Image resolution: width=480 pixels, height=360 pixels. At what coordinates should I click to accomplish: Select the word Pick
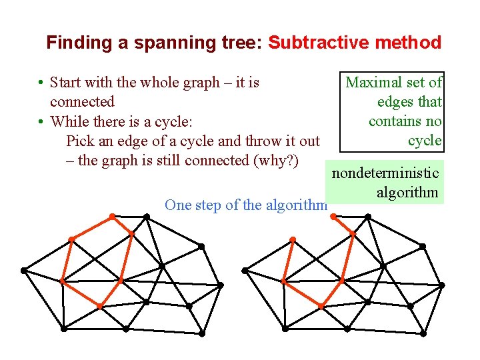click(x=81, y=141)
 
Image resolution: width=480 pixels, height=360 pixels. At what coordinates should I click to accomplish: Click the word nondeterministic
click(x=385, y=173)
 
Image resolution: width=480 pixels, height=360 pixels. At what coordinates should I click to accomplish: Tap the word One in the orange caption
click(x=178, y=205)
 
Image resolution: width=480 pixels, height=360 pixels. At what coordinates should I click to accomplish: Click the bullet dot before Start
click(x=41, y=83)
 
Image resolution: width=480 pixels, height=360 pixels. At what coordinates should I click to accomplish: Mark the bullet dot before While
click(x=41, y=122)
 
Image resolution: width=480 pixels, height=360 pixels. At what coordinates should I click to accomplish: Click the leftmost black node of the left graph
click(x=23, y=270)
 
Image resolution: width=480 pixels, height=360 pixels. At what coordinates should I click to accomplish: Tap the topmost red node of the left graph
click(x=112, y=215)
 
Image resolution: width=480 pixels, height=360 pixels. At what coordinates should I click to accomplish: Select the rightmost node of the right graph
click(x=442, y=285)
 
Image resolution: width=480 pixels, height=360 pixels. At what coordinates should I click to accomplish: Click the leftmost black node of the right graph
click(x=245, y=270)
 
